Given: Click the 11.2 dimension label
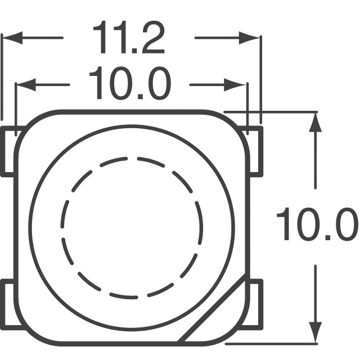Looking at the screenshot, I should [129, 38].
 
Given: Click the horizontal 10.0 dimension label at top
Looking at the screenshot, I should [129, 84].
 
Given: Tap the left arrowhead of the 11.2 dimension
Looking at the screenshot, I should [11, 38].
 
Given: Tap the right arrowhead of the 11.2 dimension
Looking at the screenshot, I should [251, 38].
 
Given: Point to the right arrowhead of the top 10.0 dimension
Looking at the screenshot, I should [238, 85].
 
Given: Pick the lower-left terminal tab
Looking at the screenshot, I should [9, 304].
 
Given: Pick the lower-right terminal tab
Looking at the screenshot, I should [255, 304].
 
